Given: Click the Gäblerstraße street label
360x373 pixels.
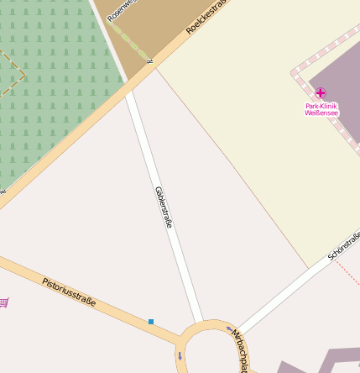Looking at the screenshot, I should [x=164, y=208].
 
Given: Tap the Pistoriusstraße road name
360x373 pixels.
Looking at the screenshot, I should [x=69, y=291].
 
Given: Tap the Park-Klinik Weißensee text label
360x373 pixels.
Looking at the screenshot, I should [x=321, y=108].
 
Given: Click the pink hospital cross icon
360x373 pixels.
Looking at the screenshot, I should [x=320, y=92].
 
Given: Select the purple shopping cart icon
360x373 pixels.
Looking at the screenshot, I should [x=4, y=302].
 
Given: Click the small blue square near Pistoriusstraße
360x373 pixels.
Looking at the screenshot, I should [x=151, y=322].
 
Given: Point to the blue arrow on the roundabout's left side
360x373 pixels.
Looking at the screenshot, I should [x=179, y=356].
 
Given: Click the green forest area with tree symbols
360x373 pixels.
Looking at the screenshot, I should [x=50, y=92].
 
